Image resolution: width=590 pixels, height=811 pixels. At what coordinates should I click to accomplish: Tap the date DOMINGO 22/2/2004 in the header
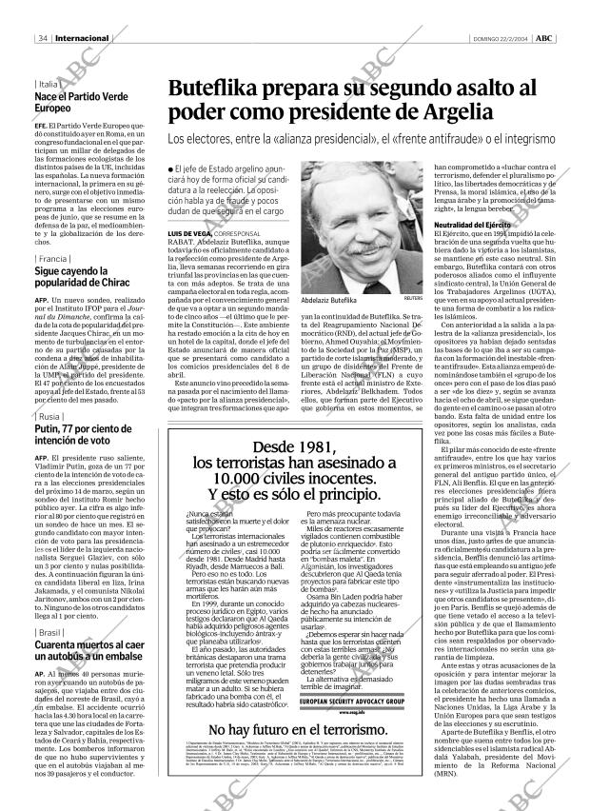(x=501, y=11)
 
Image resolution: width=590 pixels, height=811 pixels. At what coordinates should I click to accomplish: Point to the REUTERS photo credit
(x=411, y=298)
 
